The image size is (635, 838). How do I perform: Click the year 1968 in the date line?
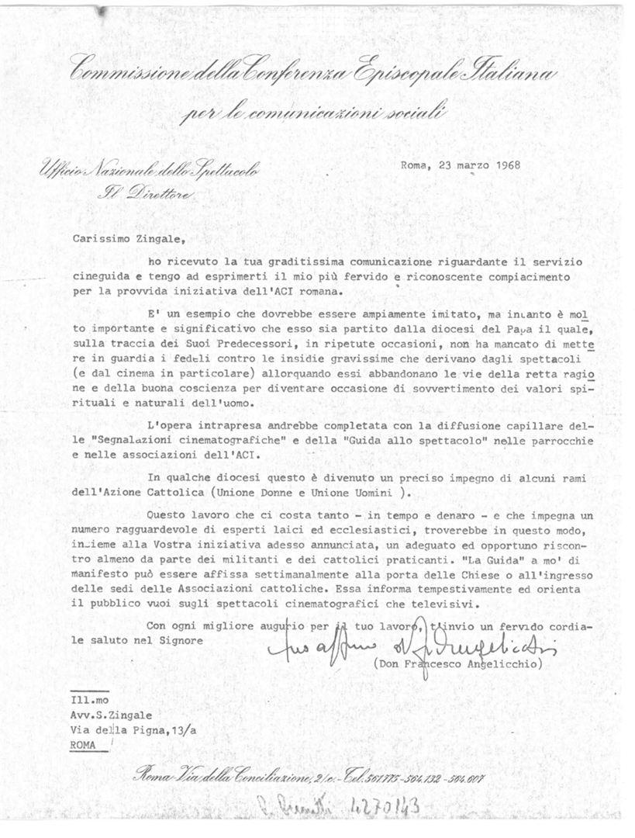pos(506,164)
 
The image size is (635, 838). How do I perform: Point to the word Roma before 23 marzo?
pos(414,164)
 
